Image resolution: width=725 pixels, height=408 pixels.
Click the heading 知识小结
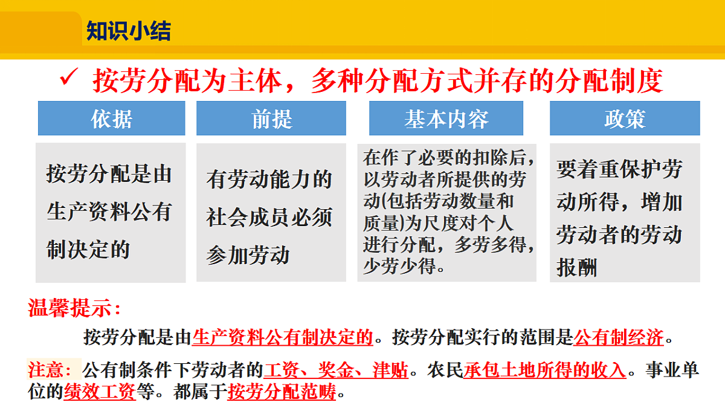coord(128,30)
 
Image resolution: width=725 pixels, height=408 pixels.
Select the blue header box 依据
coord(111,118)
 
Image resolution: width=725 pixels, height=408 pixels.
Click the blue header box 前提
coord(271,118)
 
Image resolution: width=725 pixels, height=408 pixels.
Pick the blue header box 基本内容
coord(446,118)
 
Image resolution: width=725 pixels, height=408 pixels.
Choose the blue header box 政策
coord(625,118)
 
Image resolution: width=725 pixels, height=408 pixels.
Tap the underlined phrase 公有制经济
coord(618,337)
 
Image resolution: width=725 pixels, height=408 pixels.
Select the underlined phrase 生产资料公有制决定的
coord(283,337)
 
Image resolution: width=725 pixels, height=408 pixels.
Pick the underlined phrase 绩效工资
coord(99,392)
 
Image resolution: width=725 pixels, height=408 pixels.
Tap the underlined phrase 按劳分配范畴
coord(282,392)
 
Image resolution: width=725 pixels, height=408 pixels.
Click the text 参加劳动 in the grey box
coord(248,254)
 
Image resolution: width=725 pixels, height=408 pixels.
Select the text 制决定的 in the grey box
coord(88,248)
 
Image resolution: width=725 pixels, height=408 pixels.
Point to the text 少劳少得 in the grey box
coord(399,265)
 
